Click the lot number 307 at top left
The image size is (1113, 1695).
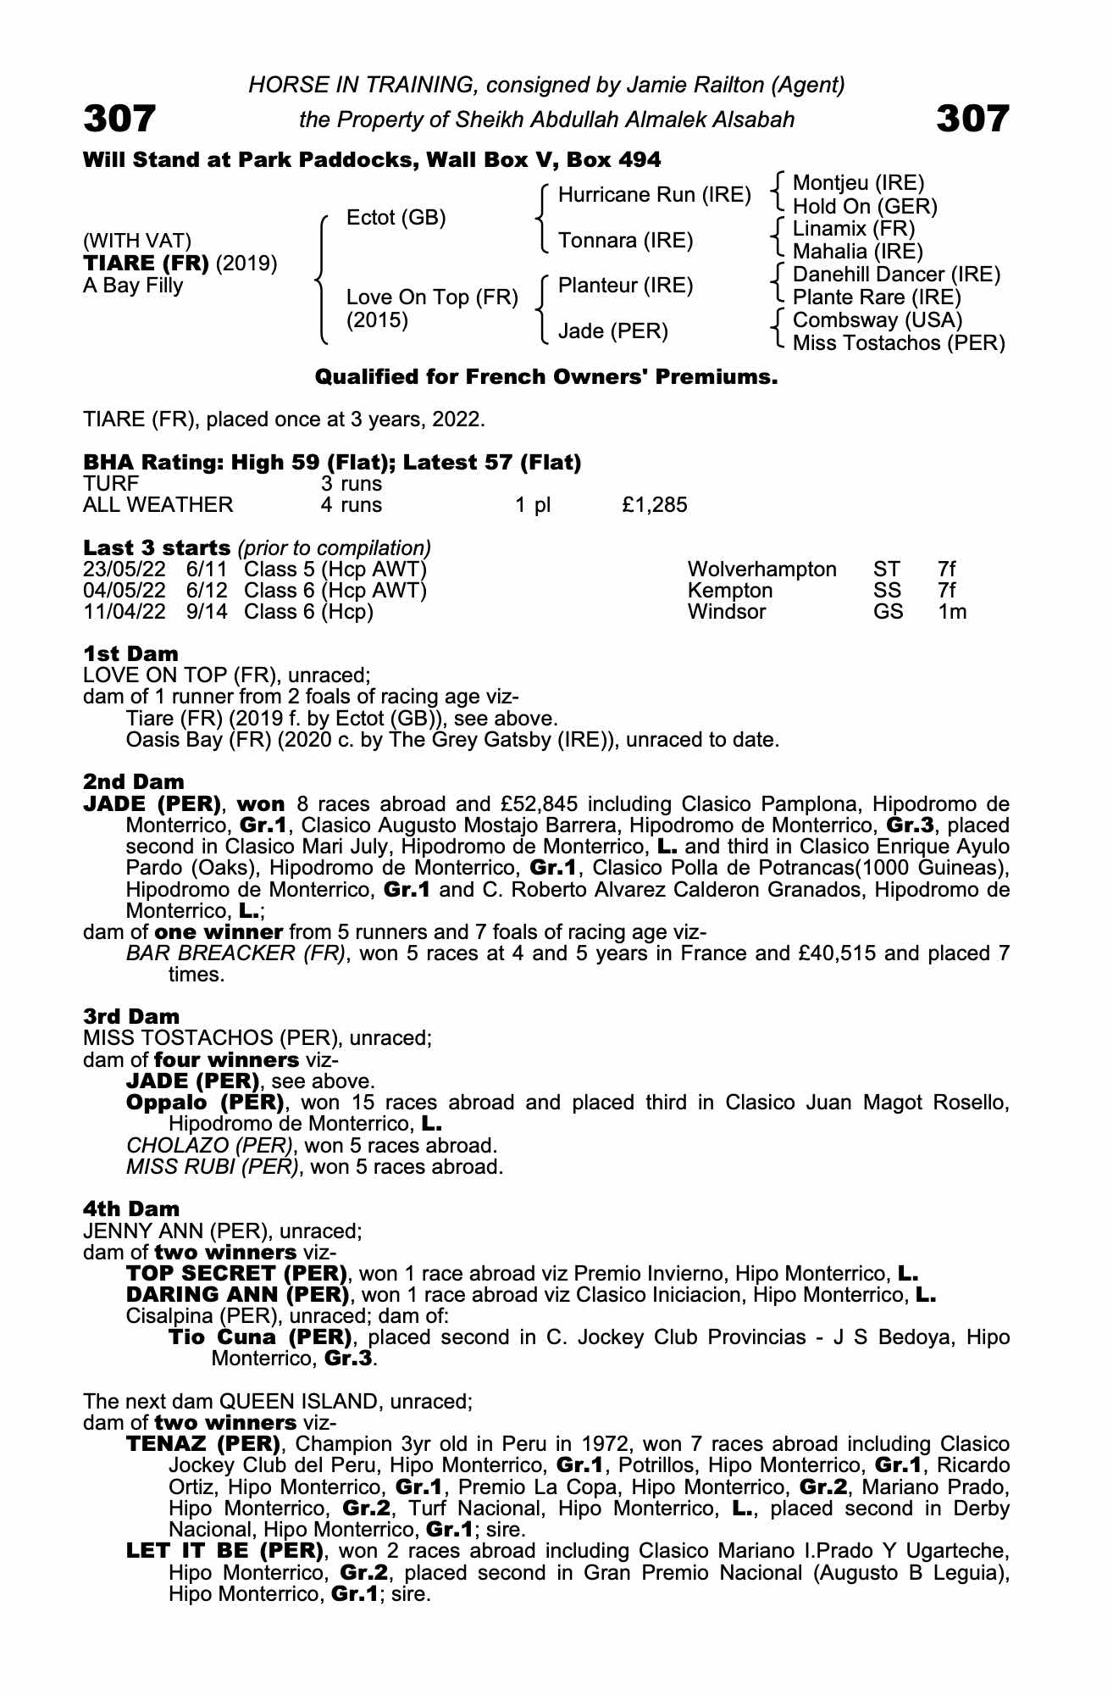pyautogui.click(x=119, y=119)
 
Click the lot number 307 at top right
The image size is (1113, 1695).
pyautogui.click(x=972, y=119)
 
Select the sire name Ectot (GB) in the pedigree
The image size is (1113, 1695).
pyautogui.click(x=396, y=218)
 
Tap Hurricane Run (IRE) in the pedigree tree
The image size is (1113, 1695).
pyautogui.click(x=654, y=195)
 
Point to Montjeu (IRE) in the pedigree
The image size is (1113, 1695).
pyautogui.click(x=858, y=183)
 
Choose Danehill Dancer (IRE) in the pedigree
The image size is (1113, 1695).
pyautogui.click(x=896, y=275)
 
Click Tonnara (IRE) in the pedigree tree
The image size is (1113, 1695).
pyautogui.click(x=625, y=241)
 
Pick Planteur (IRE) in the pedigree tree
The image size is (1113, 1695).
pyautogui.click(x=625, y=286)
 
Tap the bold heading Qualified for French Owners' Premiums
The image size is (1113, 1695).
pyautogui.click(x=546, y=377)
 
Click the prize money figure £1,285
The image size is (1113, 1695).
pyautogui.click(x=654, y=506)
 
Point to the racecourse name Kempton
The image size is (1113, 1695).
pyautogui.click(x=730, y=591)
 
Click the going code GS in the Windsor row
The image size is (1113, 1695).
pyautogui.click(x=889, y=612)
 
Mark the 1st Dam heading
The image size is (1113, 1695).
pyautogui.click(x=131, y=653)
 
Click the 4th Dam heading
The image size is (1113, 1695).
pyautogui.click(x=131, y=1209)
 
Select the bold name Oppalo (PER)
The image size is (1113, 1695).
pyautogui.click(x=204, y=1103)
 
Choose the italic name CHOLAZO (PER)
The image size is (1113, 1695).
pyautogui.click(x=209, y=1146)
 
